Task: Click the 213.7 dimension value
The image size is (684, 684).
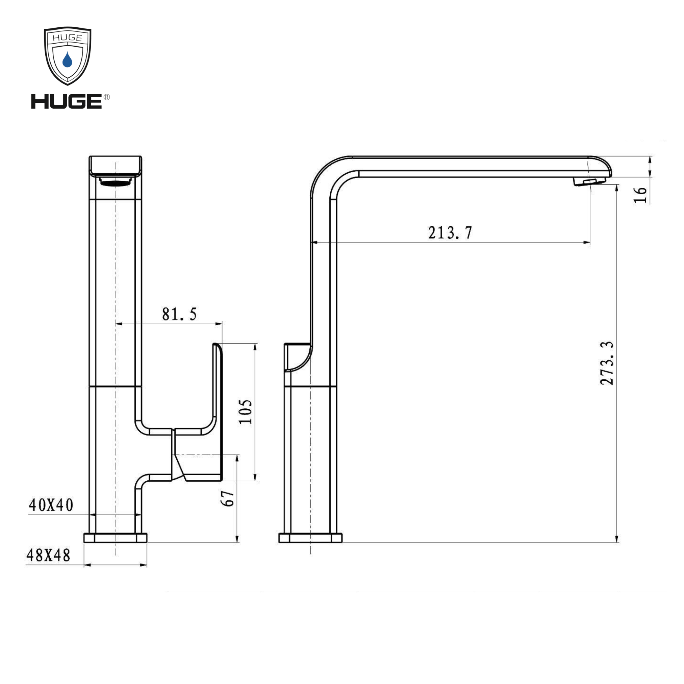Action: click(450, 233)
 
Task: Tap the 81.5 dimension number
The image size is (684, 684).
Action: click(179, 314)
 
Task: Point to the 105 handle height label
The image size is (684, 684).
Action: click(245, 412)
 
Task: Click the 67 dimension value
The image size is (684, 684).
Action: click(228, 499)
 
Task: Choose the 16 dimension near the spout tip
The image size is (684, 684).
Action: click(640, 195)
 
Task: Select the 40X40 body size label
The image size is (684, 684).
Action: click(51, 505)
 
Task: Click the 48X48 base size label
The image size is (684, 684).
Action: click(49, 556)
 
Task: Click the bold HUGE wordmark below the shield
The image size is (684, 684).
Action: click(66, 102)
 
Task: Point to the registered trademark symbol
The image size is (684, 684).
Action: click(106, 97)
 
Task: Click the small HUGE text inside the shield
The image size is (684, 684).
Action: click(67, 38)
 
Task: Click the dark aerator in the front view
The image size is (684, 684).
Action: click(116, 182)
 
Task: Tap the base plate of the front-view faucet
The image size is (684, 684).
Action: click(116, 538)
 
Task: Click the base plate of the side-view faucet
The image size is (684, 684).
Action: click(310, 538)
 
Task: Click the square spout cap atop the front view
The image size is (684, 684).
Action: click(116, 166)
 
